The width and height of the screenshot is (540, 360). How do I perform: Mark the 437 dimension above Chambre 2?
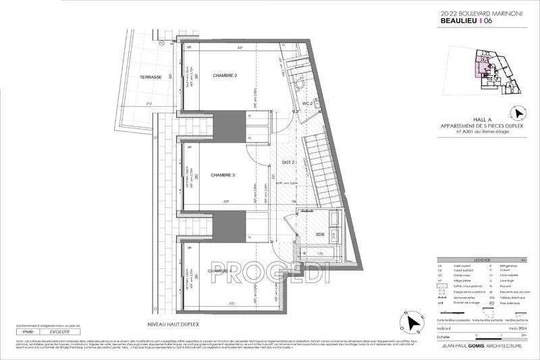coord(239,49)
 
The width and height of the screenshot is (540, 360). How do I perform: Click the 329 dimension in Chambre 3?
coord(227,202)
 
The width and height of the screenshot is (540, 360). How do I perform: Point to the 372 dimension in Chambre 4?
coord(231,305)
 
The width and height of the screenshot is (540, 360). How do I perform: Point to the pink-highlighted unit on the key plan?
coord(483,68)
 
